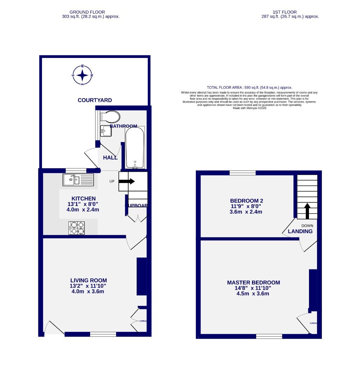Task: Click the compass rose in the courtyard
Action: click(82, 75)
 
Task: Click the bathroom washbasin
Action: click(105, 131)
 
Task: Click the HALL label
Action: click(110, 158)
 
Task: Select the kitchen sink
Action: click(78, 180)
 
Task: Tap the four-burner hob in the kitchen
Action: click(77, 228)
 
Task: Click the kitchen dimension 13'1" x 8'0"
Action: click(84, 204)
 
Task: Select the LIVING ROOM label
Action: click(88, 280)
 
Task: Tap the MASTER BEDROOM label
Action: click(253, 282)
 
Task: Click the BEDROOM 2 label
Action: click(246, 201)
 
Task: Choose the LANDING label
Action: click(300, 231)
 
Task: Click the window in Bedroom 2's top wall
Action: click(243, 173)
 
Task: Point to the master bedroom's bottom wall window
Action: click(269, 336)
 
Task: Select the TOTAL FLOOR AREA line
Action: click(249, 88)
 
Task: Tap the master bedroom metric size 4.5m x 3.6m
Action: click(253, 294)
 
